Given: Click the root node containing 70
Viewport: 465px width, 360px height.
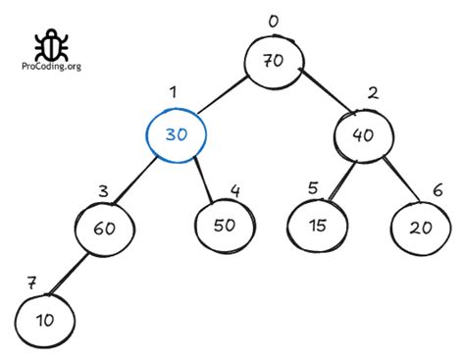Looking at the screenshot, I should click(x=273, y=61).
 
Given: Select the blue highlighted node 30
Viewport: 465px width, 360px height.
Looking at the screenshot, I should click(x=177, y=134).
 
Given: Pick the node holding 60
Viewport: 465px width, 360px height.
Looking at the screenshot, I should click(x=103, y=228).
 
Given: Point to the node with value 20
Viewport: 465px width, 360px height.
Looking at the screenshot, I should click(x=420, y=227).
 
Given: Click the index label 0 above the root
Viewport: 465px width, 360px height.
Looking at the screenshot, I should click(x=273, y=20).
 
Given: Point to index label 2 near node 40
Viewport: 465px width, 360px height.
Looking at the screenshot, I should click(x=373, y=94).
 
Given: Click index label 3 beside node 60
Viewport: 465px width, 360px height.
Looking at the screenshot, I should click(x=103, y=189).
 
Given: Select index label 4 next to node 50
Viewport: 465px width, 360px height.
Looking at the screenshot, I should click(x=234, y=189).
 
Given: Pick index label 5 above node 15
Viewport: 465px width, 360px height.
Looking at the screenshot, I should click(x=311, y=187).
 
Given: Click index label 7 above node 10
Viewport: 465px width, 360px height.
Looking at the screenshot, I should click(x=31, y=283).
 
